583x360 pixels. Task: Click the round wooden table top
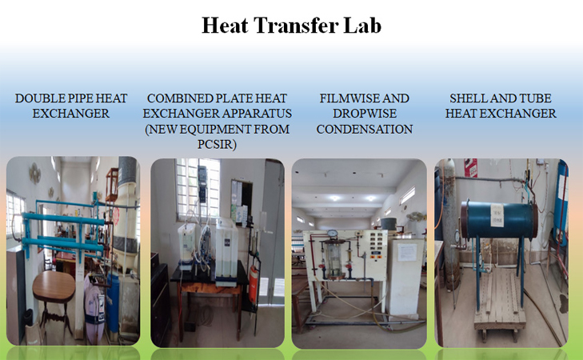coord(54,283)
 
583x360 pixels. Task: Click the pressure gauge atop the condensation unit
coord(331,234)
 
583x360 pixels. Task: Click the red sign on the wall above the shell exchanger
coord(470,168)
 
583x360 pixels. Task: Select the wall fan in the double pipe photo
coord(34,172)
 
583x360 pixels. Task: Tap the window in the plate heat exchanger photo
coord(186,188)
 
